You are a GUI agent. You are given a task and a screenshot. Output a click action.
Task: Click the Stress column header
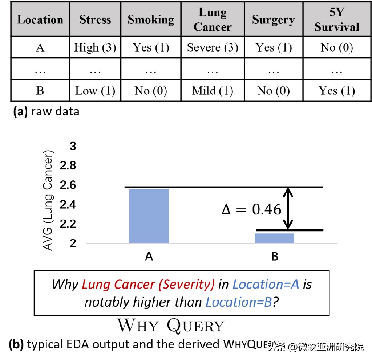tap(95, 20)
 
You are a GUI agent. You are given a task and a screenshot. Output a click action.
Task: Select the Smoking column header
tap(151, 20)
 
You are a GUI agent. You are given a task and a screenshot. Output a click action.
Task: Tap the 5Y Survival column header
tap(337, 20)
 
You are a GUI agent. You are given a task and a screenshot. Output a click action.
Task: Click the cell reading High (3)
tap(95, 48)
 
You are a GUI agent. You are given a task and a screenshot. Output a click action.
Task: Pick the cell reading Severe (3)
tap(213, 48)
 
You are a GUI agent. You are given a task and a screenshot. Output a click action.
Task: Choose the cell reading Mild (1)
tap(213, 90)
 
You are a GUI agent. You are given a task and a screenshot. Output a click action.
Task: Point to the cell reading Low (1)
tap(95, 90)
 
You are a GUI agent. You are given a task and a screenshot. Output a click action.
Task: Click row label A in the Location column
tap(40, 48)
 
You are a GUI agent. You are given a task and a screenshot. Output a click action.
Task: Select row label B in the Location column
tap(40, 90)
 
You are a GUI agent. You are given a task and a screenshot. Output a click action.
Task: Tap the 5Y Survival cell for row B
tap(337, 90)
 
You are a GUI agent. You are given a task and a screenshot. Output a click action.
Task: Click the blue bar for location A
tap(149, 216)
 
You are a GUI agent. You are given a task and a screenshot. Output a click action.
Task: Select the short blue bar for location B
tap(275, 238)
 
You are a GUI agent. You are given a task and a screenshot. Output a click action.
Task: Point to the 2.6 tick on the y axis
tap(68, 185)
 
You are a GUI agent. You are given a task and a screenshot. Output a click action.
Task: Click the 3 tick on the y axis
tap(73, 147)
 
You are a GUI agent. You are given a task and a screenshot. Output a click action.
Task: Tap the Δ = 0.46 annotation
tap(251, 210)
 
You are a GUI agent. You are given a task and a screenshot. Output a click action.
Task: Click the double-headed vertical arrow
tap(288, 209)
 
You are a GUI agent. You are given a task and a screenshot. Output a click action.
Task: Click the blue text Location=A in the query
tap(266, 284)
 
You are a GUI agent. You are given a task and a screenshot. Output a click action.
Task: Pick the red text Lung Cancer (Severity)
tap(148, 284)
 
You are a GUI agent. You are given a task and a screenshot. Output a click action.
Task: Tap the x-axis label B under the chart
tap(275, 257)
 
